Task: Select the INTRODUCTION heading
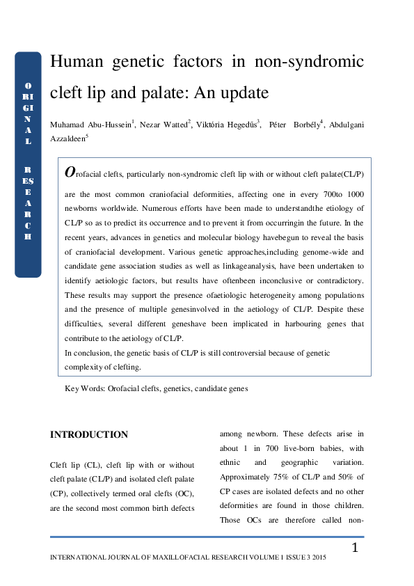[89, 435]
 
